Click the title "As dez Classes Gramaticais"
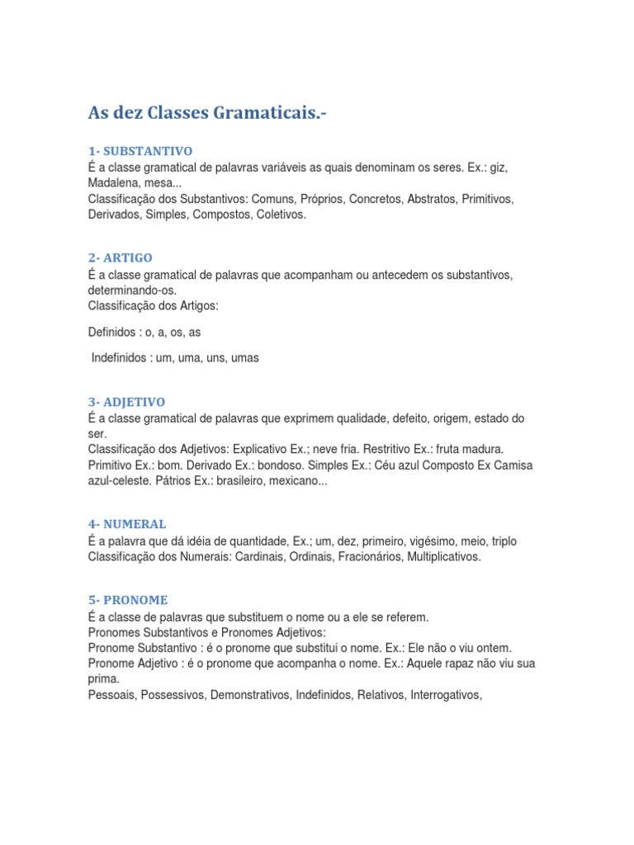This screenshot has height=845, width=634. click(x=207, y=114)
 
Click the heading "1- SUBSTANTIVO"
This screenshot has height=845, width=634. click(x=140, y=151)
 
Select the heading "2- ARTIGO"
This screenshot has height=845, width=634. click(x=120, y=257)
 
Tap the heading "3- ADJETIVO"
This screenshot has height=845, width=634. click(x=126, y=402)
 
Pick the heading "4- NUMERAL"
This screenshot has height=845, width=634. click(x=126, y=524)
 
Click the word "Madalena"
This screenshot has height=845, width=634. click(x=111, y=183)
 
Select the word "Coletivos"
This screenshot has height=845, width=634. click(x=281, y=215)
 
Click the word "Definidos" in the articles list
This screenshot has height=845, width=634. click(x=111, y=332)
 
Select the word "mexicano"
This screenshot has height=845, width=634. click(x=298, y=481)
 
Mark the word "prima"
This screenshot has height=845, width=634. click(x=103, y=679)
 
